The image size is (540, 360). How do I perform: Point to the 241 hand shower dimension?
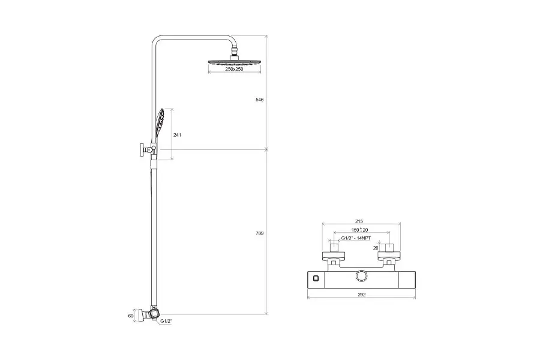[x=177, y=135]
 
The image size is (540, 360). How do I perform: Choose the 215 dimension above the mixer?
[x=359, y=221]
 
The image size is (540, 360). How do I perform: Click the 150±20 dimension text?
[x=359, y=230]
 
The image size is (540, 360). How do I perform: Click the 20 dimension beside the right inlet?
[x=376, y=247]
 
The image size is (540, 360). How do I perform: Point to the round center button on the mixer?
[x=361, y=276]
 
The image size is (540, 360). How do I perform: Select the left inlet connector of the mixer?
[x=334, y=255]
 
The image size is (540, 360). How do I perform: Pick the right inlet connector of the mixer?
[x=388, y=255]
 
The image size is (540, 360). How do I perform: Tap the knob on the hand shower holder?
[x=142, y=149]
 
